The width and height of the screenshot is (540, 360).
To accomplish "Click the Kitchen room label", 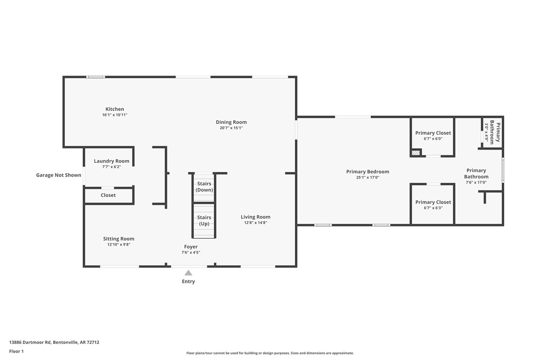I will click(x=114, y=109).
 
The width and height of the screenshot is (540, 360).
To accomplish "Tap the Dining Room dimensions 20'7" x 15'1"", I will click(x=231, y=128).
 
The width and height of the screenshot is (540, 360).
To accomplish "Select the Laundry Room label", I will click(x=111, y=161).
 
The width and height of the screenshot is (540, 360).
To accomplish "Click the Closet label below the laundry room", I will click(x=108, y=195).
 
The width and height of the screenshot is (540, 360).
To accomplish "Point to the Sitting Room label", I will click(x=118, y=239).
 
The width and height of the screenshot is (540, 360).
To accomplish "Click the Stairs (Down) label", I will click(x=204, y=187).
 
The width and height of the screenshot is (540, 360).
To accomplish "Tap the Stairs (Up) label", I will click(x=204, y=221).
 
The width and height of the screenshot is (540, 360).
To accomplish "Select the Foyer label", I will click(x=190, y=247).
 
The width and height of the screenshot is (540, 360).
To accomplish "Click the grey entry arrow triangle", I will click(x=188, y=272).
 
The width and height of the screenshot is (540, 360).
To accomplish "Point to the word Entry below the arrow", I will click(x=188, y=281).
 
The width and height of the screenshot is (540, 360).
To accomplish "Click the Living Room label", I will click(x=256, y=217).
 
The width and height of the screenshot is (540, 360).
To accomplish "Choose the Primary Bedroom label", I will click(x=367, y=172).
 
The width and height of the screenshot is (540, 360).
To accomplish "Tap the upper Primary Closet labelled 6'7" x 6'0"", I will click(x=433, y=133).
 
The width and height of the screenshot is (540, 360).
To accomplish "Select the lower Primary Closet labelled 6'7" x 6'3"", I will click(x=433, y=202).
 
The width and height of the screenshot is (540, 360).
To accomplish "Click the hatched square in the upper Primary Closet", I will click(x=416, y=153).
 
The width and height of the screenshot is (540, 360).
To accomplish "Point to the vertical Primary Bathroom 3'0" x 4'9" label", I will click(x=492, y=132).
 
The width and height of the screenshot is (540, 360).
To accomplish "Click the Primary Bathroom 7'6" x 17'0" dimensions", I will click(x=476, y=182).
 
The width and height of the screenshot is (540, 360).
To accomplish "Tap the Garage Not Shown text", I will click(x=59, y=175).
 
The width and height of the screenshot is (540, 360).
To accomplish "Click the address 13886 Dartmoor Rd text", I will click(x=54, y=342).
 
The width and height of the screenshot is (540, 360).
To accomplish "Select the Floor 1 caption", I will click(x=16, y=352).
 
